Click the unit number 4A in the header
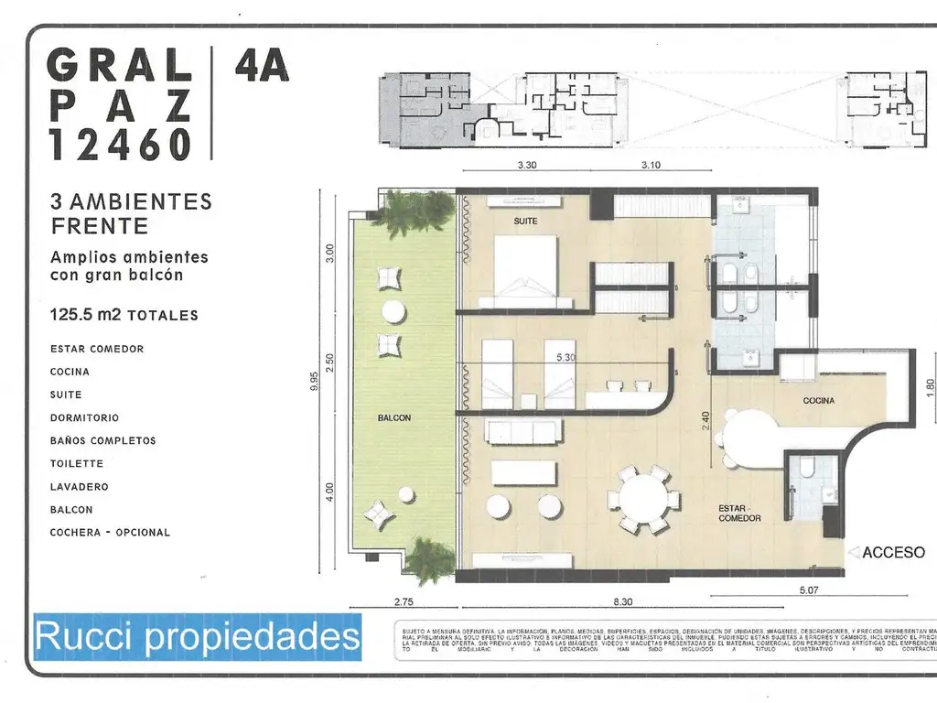click(262, 67)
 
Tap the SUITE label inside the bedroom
click(525, 222)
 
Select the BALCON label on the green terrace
click(394, 417)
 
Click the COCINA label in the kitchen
click(819, 401)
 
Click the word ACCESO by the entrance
click(893, 552)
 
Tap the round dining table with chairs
click(643, 499)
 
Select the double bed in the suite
click(526, 271)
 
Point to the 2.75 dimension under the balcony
click(404, 600)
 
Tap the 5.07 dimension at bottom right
click(808, 590)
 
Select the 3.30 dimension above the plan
click(526, 166)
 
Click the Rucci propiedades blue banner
click(197, 635)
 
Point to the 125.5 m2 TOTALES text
click(124, 315)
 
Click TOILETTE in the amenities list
click(77, 464)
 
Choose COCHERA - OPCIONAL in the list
click(110, 533)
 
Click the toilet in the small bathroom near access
click(808, 469)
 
